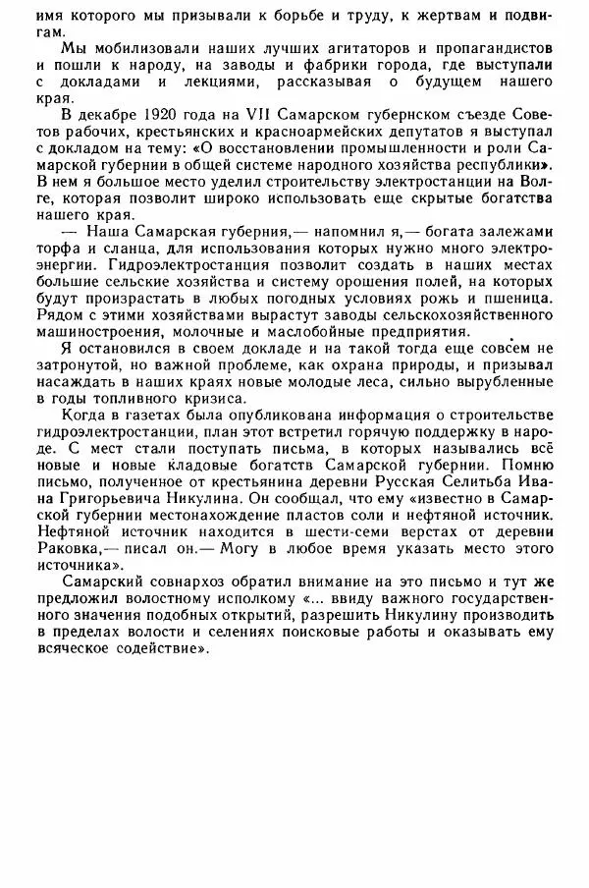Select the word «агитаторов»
point(312,47)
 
